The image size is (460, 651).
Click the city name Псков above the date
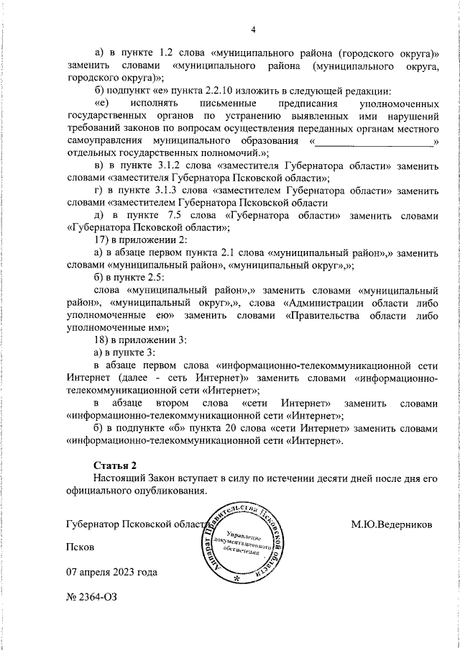point(79,547)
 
